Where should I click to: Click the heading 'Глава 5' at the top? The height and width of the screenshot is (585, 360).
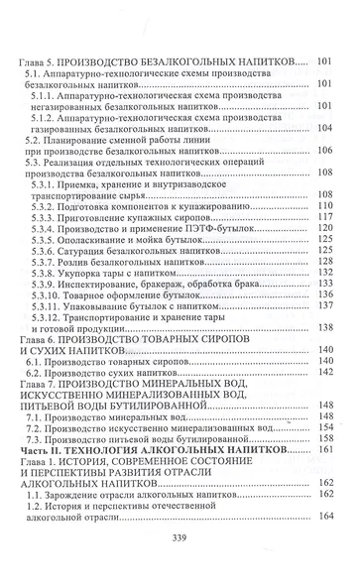pos(42,61)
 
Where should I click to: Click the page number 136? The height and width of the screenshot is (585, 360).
pos(323,302)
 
